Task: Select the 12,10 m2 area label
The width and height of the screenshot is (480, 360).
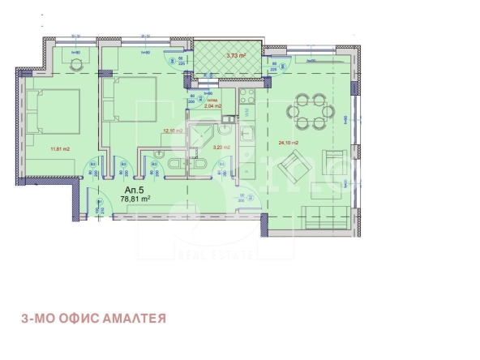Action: click(173, 130)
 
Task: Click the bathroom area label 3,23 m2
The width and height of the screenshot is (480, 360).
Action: click(221, 148)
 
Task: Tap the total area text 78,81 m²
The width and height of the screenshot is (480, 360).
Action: click(135, 198)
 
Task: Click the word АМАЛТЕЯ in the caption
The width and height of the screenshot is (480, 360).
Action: click(135, 319)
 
